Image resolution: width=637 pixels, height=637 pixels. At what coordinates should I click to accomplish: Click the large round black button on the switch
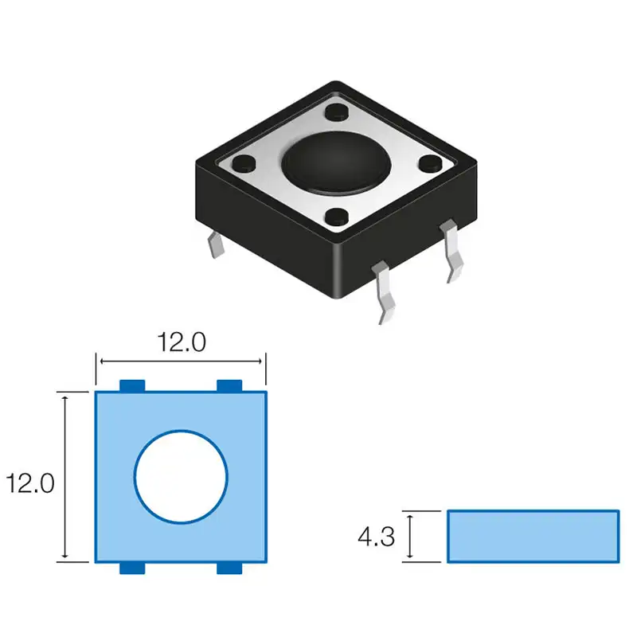pyautogui.click(x=336, y=162)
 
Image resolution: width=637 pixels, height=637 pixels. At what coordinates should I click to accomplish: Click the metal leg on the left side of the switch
pyautogui.click(x=216, y=244)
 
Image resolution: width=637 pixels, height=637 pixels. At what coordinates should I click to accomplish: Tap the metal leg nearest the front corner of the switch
pyautogui.click(x=385, y=291)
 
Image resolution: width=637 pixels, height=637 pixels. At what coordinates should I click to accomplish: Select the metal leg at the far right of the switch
pyautogui.click(x=452, y=250)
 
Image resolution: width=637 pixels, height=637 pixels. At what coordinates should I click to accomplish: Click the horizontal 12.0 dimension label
pyautogui.click(x=182, y=342)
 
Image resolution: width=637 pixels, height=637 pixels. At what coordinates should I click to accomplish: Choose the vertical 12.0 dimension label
pyautogui.click(x=30, y=483)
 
